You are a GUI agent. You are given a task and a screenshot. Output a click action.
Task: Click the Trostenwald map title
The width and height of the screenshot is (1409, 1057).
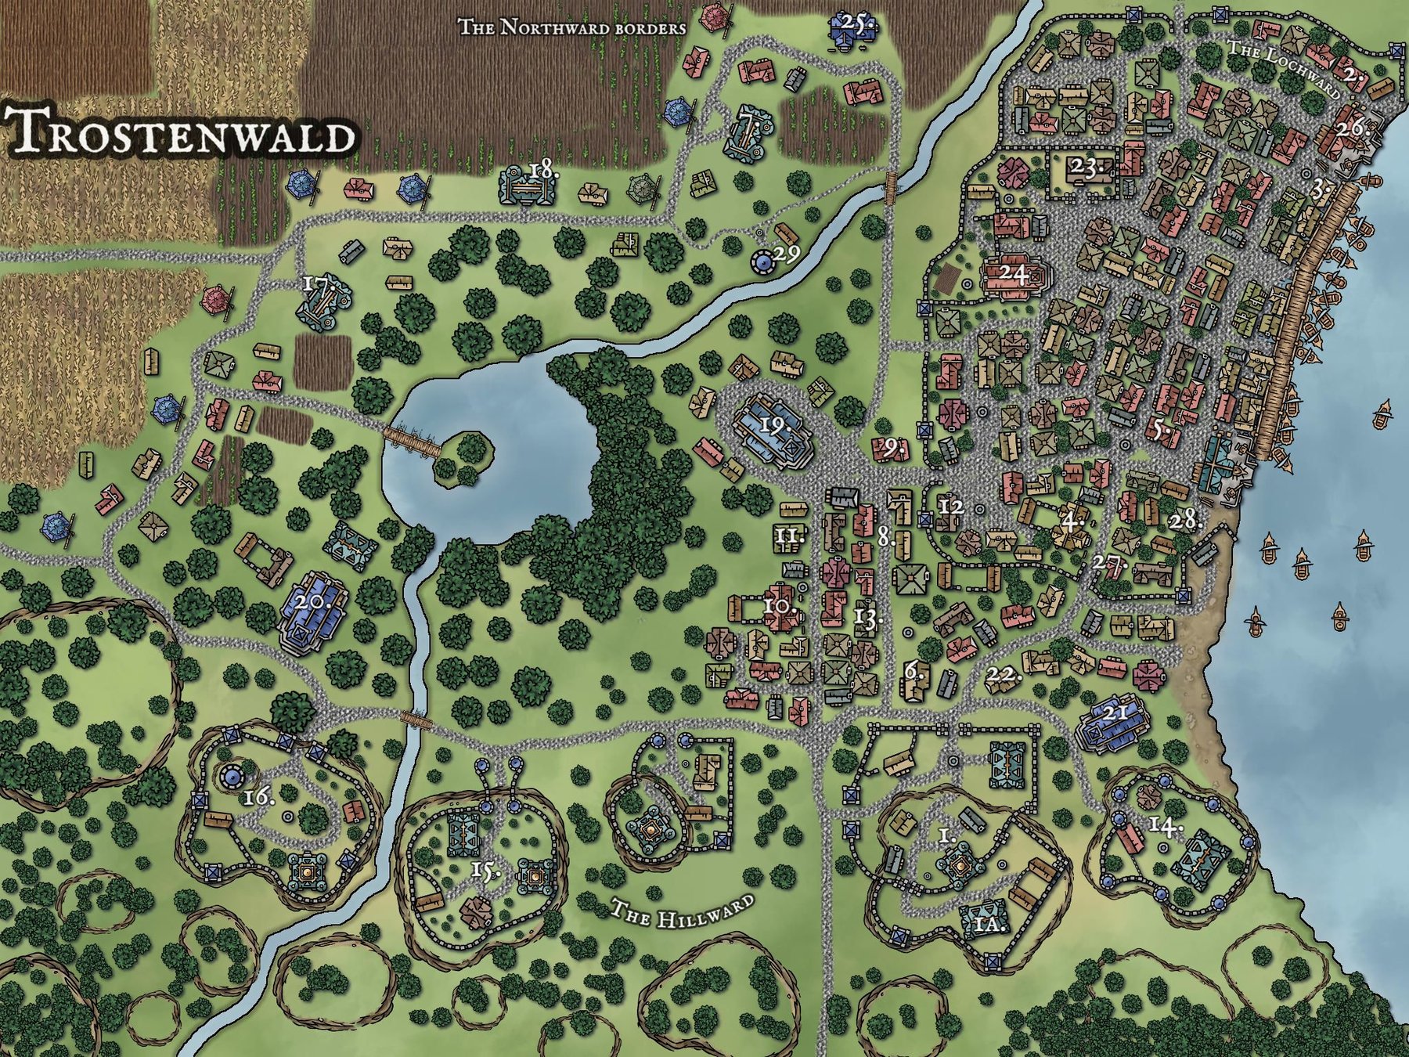click(x=179, y=132)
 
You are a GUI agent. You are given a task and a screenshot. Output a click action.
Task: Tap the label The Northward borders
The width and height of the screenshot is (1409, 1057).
click(x=571, y=27)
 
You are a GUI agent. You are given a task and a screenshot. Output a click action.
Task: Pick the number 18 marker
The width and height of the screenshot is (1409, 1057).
click(x=542, y=170)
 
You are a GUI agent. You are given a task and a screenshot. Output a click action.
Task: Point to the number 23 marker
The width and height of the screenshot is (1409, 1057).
click(x=1089, y=167)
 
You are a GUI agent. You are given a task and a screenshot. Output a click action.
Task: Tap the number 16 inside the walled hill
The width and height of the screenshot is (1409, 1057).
click(x=258, y=797)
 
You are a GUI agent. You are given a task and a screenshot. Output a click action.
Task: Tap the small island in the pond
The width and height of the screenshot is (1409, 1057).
click(x=465, y=458)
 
